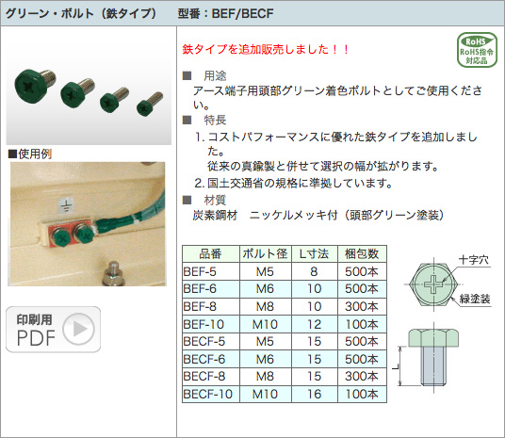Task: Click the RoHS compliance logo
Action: click(x=477, y=50)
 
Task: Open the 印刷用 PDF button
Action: click(x=53, y=329)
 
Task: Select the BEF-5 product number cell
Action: click(x=211, y=271)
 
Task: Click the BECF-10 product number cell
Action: click(x=211, y=394)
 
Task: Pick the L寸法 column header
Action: click(x=315, y=253)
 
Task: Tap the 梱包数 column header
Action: click(x=362, y=253)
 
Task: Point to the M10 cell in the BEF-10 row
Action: click(x=265, y=324)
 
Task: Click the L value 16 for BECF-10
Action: click(x=315, y=394)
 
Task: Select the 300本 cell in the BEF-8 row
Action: click(x=362, y=306)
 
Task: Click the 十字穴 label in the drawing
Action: click(x=473, y=260)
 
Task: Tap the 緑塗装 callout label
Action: click(x=475, y=299)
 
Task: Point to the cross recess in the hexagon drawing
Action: click(x=433, y=284)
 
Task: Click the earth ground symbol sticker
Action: click(x=66, y=205)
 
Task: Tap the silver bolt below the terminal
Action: click(x=113, y=274)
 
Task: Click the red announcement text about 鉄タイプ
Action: click(x=266, y=49)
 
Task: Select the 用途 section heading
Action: click(x=215, y=76)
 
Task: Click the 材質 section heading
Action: click(x=215, y=200)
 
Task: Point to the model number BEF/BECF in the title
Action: click(x=242, y=13)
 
